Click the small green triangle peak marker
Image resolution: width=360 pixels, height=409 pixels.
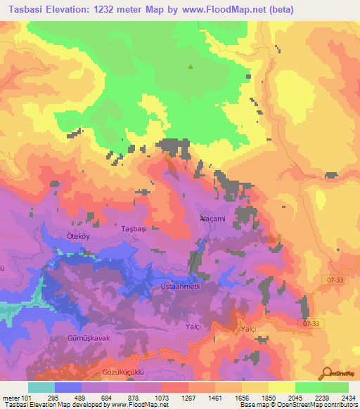tap(190, 67)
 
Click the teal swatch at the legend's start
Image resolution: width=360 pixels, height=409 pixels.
tap(41, 387)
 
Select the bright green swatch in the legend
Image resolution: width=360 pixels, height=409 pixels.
tap(309, 387)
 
